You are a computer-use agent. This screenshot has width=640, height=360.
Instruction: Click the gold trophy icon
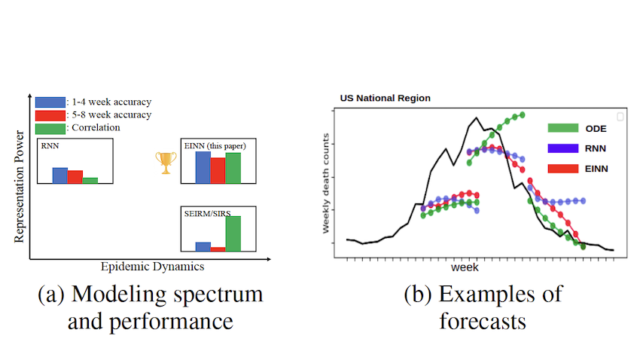(166, 163)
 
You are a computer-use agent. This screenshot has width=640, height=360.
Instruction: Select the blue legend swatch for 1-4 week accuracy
(50, 102)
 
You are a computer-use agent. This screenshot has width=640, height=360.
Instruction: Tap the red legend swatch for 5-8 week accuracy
(50, 114)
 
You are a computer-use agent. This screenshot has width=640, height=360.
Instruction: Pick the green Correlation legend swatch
(50, 127)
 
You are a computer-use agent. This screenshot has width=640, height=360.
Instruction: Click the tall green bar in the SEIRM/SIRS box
(233, 233)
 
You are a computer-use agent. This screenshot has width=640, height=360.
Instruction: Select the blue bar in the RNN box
(59, 175)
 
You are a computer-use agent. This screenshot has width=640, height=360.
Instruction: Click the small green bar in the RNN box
(90, 180)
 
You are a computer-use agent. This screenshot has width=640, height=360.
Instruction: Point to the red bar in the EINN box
(218, 170)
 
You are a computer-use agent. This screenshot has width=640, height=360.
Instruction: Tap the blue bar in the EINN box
(203, 167)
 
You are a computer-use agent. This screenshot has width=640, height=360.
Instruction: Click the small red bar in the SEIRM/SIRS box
(218, 248)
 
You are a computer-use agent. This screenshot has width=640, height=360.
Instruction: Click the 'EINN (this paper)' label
(215, 145)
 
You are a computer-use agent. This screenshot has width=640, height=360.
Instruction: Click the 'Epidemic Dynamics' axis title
(152, 267)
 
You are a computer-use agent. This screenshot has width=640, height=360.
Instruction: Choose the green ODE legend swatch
(563, 128)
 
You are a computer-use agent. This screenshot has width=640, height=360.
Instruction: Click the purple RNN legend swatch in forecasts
(563, 148)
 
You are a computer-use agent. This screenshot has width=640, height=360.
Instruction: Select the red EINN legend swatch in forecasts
(563, 169)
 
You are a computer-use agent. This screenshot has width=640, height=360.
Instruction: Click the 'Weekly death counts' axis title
(327, 183)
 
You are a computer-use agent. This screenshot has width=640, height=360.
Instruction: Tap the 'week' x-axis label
(465, 267)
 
